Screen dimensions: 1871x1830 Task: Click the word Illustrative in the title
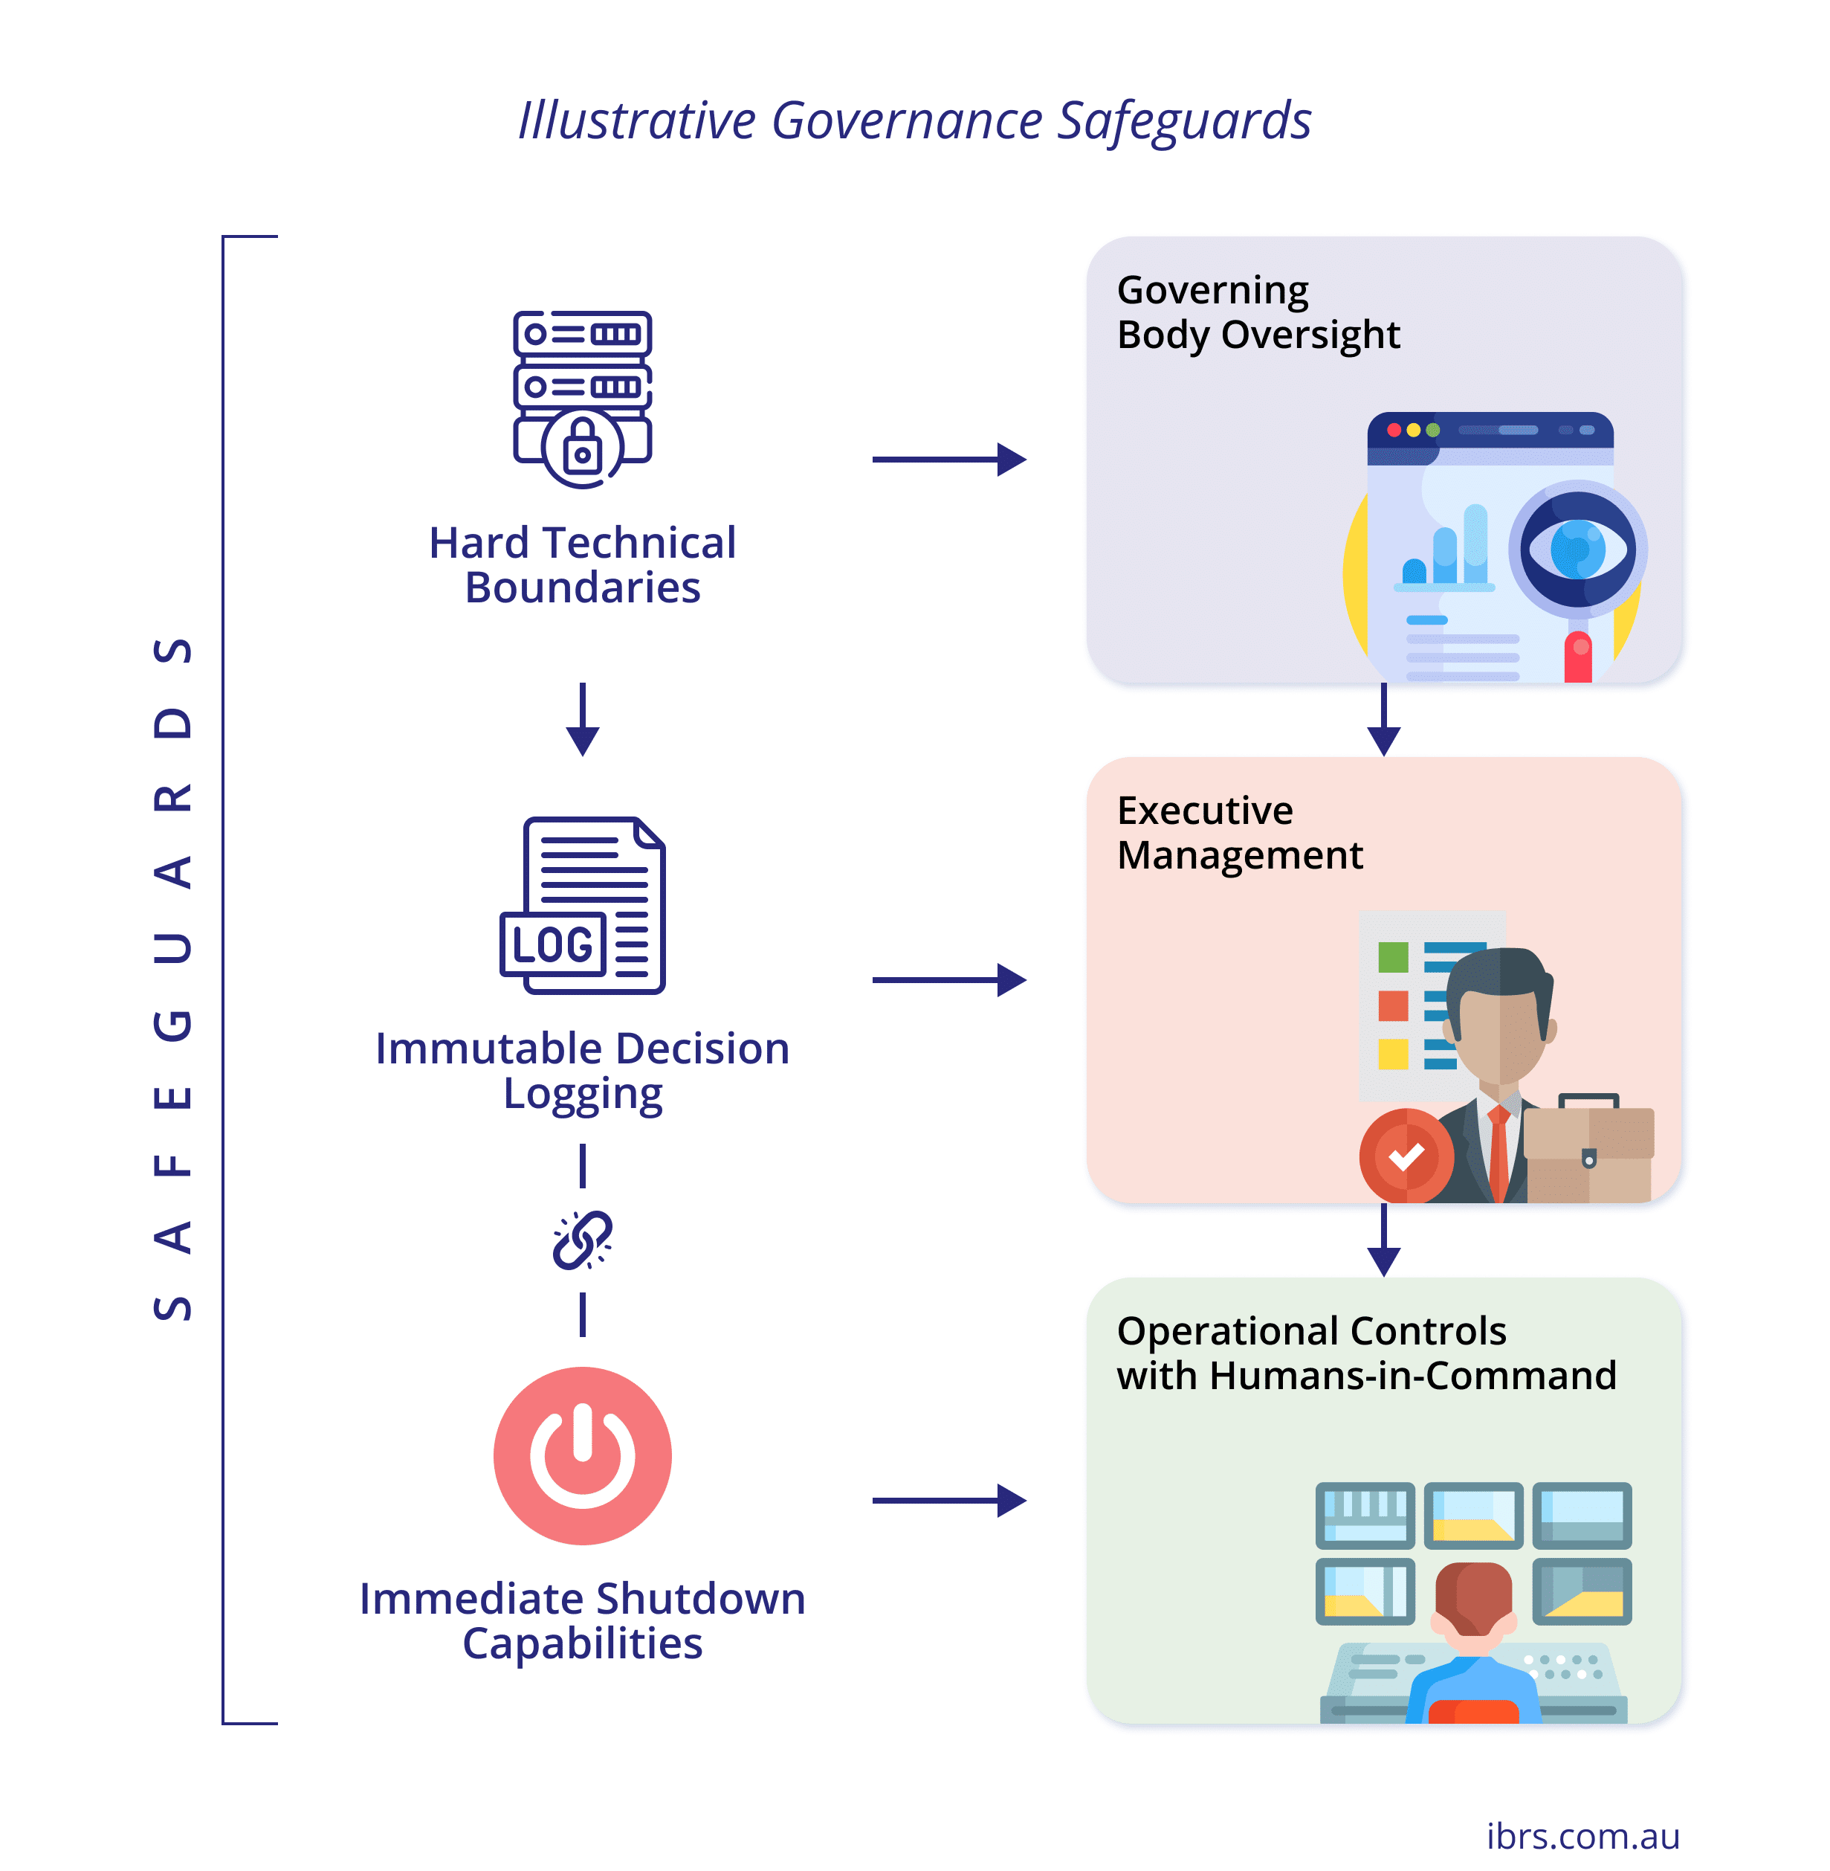click(637, 121)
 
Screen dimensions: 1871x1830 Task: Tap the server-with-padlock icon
click(583, 398)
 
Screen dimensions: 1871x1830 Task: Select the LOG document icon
click(583, 905)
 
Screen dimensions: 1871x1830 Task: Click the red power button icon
click(583, 1455)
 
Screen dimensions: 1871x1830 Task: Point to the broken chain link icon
click(583, 1240)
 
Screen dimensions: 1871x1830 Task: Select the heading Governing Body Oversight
click(1257, 312)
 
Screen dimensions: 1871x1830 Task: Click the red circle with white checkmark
click(1406, 1156)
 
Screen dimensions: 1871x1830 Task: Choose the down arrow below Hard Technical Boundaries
click(583, 719)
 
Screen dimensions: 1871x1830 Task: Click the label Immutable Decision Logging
click(583, 1070)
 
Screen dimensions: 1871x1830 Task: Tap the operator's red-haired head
click(1472, 1596)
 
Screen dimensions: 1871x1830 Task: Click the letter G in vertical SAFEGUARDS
click(174, 1025)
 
